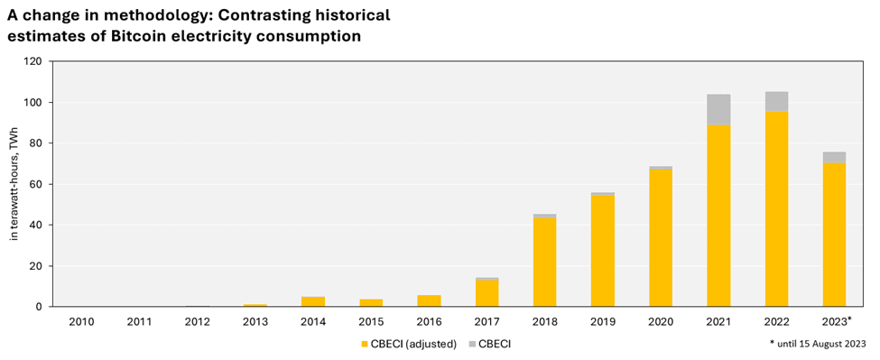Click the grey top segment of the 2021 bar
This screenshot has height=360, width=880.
coord(718,109)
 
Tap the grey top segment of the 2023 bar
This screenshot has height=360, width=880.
coord(834,157)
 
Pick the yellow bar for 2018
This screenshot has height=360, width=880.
coord(544,262)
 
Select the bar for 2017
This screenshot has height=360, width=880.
coord(486,293)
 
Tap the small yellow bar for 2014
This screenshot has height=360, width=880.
coord(312,301)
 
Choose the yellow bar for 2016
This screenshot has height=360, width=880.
coord(429,300)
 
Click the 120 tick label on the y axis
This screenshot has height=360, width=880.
coord(33,61)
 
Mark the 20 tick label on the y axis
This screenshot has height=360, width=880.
coord(36,266)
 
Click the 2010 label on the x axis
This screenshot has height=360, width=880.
coord(80,320)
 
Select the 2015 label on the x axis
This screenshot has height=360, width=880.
coord(371,320)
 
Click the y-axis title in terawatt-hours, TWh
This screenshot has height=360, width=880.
coord(14,184)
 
